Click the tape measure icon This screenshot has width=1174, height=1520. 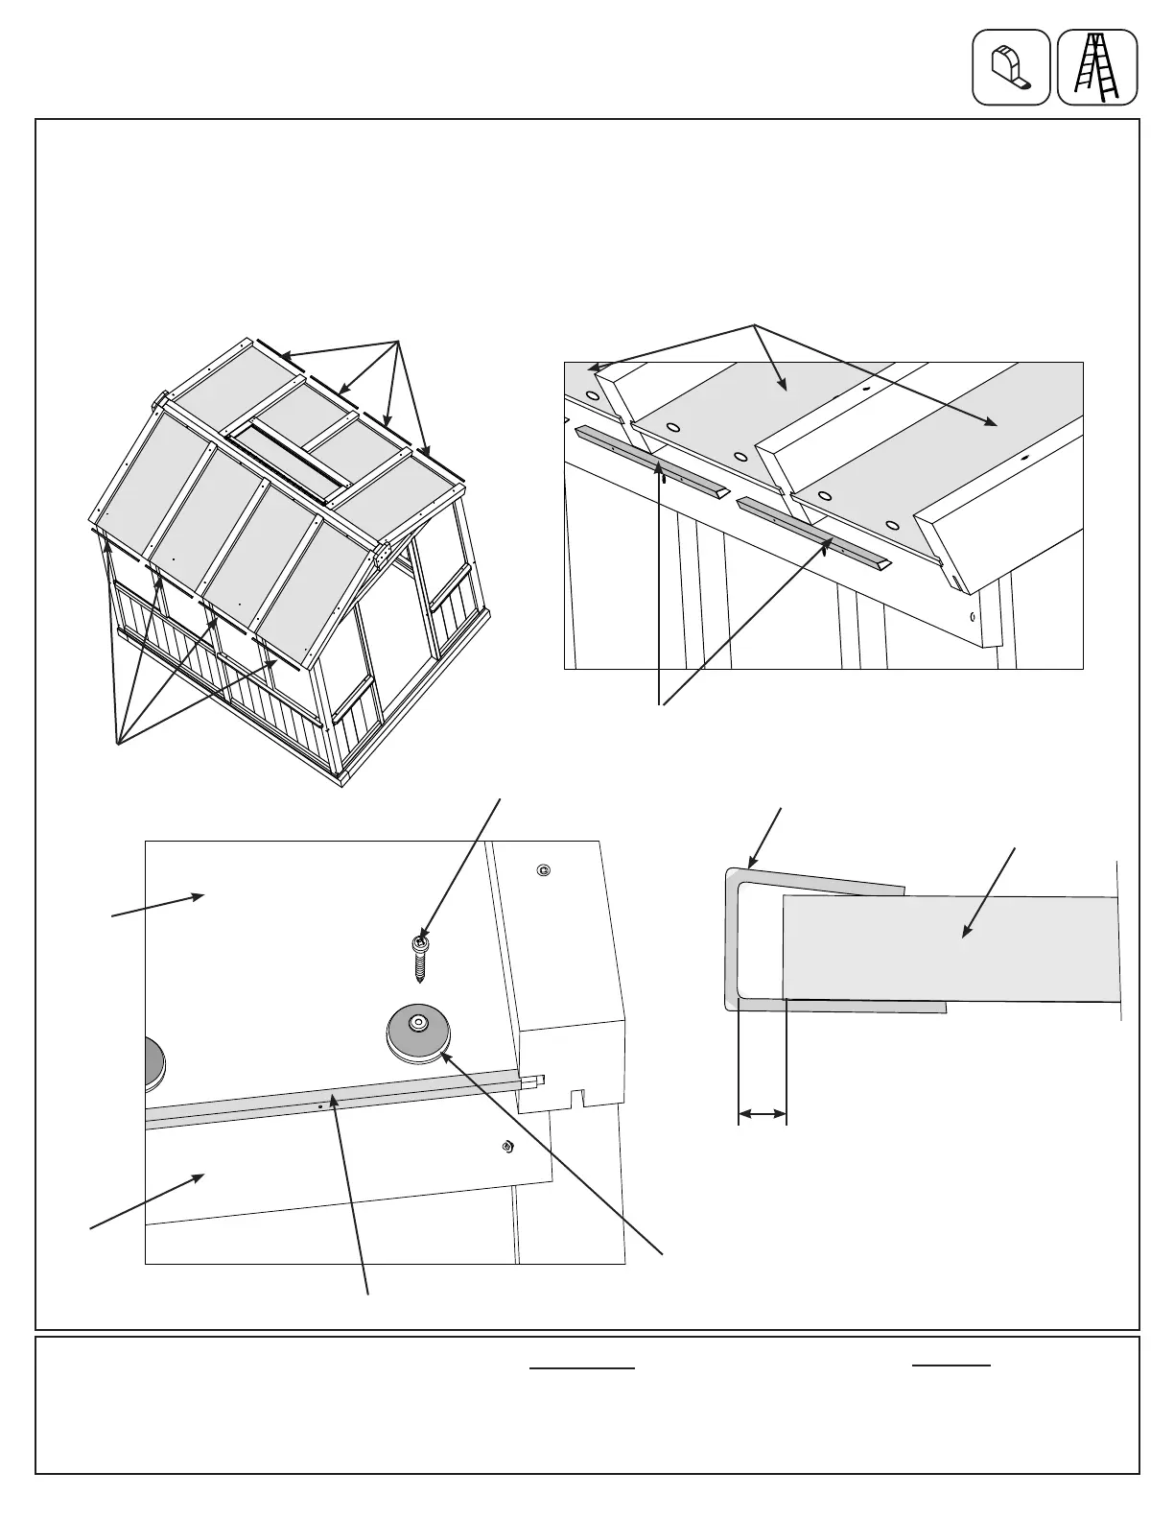[1011, 67]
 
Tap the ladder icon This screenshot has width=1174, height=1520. [1097, 67]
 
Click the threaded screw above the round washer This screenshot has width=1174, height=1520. [420, 958]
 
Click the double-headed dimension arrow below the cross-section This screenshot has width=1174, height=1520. [762, 1114]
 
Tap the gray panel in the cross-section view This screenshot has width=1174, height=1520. [950, 948]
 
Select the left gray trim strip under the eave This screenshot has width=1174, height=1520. [652, 458]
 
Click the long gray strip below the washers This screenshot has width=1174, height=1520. [336, 1101]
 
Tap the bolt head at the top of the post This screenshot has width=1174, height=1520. [544, 870]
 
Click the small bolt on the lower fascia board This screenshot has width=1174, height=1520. [507, 1146]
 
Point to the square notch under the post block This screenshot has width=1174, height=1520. [577, 1096]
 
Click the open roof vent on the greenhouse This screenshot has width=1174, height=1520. [284, 467]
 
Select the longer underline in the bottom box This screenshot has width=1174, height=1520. [583, 1368]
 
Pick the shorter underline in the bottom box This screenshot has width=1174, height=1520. [951, 1365]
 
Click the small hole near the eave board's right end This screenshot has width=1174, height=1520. [973, 618]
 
